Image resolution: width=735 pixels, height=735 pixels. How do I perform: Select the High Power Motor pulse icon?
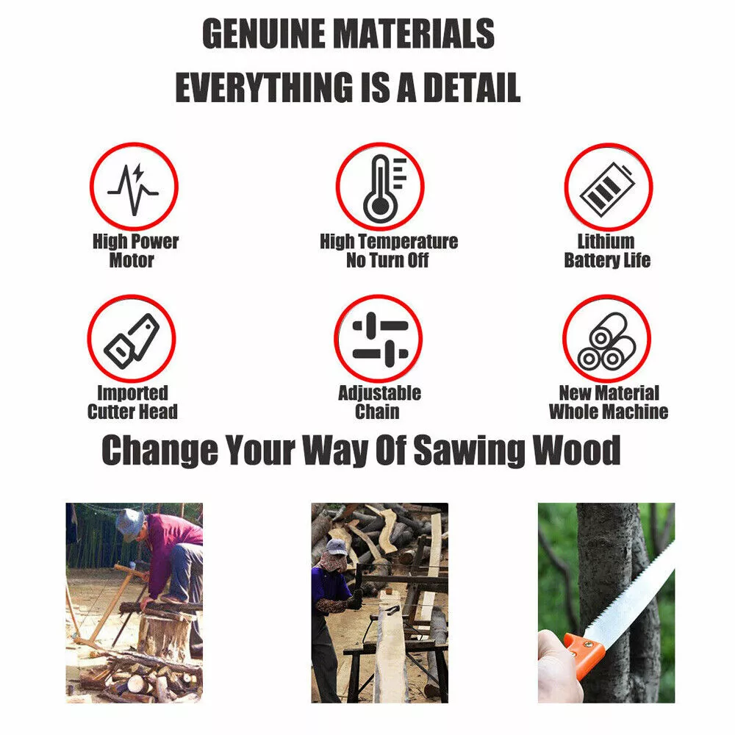[134, 188]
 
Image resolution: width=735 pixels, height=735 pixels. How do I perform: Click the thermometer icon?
[384, 188]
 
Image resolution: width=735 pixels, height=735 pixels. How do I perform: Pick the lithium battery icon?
[607, 188]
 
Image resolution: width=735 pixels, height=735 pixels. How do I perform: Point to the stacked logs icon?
[606, 341]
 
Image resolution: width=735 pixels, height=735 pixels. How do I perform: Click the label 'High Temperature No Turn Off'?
[389, 251]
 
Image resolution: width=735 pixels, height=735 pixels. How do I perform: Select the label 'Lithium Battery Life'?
[607, 251]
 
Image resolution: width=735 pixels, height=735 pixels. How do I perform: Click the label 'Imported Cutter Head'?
[132, 402]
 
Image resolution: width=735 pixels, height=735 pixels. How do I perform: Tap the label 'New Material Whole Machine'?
[609, 402]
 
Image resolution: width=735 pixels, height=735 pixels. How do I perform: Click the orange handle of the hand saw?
[584, 653]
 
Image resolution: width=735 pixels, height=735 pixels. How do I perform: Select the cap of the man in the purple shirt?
[336, 547]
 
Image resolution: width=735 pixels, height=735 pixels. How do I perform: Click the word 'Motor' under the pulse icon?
[132, 260]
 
